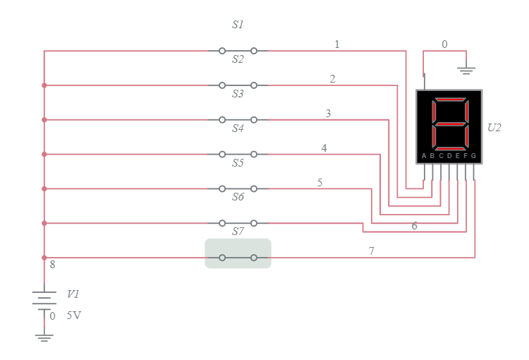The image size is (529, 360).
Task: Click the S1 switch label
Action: tap(238, 25)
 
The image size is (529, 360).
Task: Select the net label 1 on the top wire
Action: tap(337, 44)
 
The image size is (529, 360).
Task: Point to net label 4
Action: tap(324, 148)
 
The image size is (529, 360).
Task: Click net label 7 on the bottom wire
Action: tap(372, 251)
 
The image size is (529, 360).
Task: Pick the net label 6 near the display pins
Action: tap(414, 226)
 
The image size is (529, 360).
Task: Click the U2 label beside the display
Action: tap(494, 128)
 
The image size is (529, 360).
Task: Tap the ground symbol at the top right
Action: tap(466, 69)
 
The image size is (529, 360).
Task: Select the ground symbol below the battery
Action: tap(44, 336)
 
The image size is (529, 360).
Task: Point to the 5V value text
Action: tap(74, 316)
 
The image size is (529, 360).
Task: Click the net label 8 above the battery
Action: tap(52, 265)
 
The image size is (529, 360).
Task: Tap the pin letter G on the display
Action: tap(474, 155)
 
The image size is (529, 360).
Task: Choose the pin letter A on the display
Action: tap(424, 155)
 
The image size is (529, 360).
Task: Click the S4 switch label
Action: tap(238, 128)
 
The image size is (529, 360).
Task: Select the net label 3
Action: tap(328, 114)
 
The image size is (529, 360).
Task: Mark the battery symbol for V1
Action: tap(44, 299)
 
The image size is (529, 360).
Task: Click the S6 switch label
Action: tap(238, 197)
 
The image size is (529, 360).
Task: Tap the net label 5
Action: tap(320, 183)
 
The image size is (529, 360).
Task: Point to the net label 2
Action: tap(332, 79)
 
